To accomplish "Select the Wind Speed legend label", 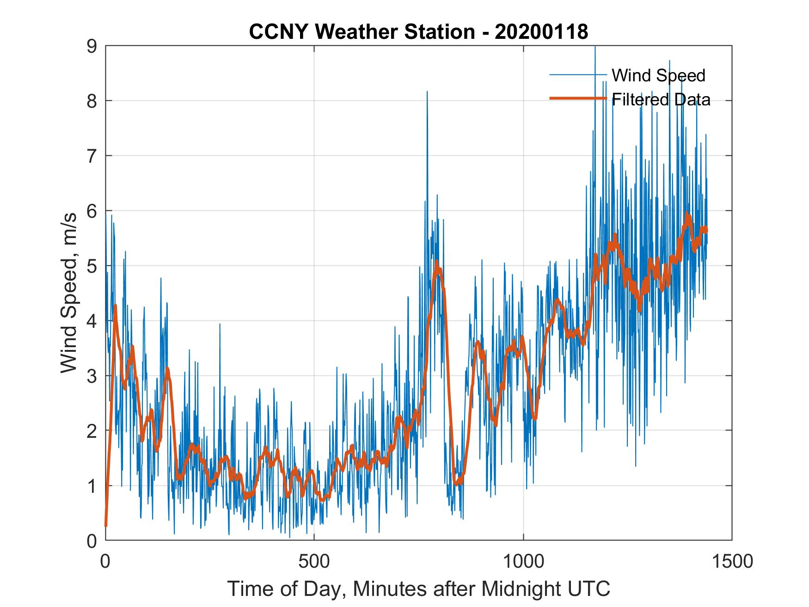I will pyautogui.click(x=658, y=75).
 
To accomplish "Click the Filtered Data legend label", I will pyautogui.click(x=661, y=99).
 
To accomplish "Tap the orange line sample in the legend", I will pyautogui.click(x=578, y=98).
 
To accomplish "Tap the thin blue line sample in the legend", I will pyautogui.click(x=578, y=75).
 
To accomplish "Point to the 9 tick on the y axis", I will pyautogui.click(x=92, y=46).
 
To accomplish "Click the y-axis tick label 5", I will pyautogui.click(x=92, y=266).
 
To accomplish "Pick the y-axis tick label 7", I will pyautogui.click(x=92, y=156).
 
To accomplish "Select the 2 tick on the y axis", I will pyautogui.click(x=92, y=431).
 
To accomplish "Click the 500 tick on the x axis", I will pyautogui.click(x=314, y=561).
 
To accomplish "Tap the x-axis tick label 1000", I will pyautogui.click(x=523, y=561).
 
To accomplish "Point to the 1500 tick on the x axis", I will pyautogui.click(x=732, y=561).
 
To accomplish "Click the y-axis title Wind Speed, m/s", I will pyautogui.click(x=69, y=293).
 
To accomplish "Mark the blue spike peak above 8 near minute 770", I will pyautogui.click(x=427, y=92).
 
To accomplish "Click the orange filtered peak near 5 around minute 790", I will pyautogui.click(x=436, y=263).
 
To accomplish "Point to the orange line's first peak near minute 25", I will pyautogui.click(x=115, y=306).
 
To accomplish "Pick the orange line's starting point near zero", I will pyautogui.click(x=106, y=526).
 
